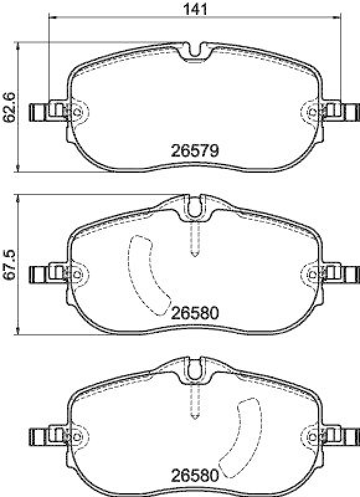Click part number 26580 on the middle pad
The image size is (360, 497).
point(196,313)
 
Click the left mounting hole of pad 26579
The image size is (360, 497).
point(78,112)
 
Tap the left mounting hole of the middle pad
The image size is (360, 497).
point(78,274)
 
